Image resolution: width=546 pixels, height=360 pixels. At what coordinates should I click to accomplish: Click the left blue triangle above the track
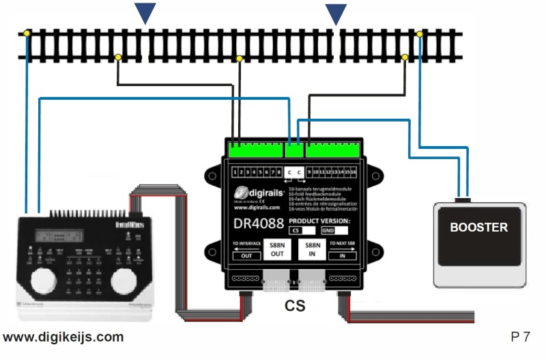(x=145, y=12)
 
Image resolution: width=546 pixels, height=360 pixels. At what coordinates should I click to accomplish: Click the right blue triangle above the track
(x=335, y=12)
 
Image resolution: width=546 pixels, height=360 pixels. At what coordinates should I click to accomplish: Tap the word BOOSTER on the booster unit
(x=478, y=227)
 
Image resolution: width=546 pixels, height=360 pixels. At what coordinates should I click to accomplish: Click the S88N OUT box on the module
(x=277, y=250)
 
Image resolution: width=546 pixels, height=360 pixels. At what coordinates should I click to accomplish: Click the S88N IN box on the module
(x=313, y=250)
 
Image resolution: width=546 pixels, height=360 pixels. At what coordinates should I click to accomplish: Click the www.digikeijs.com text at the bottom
(x=63, y=337)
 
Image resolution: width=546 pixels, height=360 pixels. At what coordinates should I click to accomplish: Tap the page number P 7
(x=520, y=336)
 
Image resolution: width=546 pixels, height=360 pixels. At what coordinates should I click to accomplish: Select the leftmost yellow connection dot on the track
(x=27, y=33)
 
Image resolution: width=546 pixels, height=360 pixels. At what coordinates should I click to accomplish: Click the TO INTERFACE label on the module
(x=248, y=243)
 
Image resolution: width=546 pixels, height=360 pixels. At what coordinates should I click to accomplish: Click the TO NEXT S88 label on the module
(x=343, y=243)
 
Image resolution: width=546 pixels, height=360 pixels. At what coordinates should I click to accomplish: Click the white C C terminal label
(x=295, y=172)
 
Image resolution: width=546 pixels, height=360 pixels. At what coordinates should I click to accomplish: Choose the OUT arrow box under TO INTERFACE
(x=247, y=255)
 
